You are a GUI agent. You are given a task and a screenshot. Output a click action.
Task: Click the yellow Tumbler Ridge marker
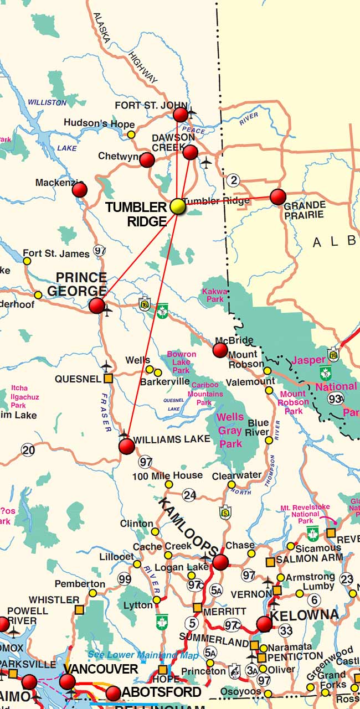177,206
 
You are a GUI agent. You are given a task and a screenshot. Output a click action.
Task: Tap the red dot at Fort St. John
181,115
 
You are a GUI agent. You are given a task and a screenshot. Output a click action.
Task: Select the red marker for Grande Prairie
278,196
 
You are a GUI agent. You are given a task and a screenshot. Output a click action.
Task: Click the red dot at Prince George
97,305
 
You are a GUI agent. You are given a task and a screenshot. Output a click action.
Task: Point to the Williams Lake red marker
127,446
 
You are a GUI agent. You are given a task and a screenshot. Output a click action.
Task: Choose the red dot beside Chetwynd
147,159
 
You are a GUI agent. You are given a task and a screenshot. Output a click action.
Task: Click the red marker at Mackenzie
80,190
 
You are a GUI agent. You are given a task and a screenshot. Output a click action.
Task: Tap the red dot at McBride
220,350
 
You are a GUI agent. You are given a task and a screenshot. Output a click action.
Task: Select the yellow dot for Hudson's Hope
131,134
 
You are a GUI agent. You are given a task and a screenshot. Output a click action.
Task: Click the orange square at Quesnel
108,379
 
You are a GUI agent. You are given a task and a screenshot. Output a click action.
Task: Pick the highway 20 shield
28,449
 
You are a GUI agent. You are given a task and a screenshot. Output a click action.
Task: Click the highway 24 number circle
190,495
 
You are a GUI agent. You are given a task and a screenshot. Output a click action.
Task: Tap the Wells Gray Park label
230,430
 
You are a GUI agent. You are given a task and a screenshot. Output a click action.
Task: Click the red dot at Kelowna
264,624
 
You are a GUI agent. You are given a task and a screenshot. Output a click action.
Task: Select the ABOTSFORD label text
161,692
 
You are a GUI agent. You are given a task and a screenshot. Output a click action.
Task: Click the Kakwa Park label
213,294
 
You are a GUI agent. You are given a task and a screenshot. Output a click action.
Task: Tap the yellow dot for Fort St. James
27,260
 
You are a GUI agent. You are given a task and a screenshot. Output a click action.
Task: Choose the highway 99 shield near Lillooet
125,579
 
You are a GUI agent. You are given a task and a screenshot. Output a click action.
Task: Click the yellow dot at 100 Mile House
169,485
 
